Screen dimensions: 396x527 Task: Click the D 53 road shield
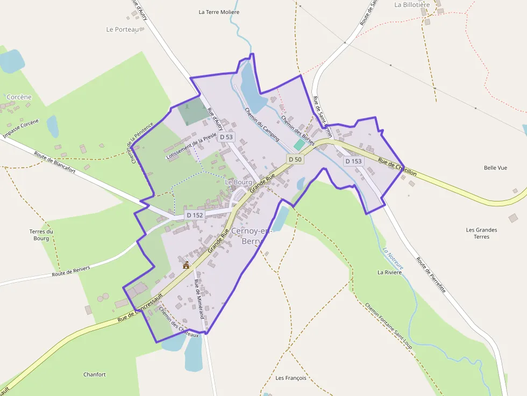pyautogui.click(x=227, y=137)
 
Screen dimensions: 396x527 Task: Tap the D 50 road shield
pyautogui.click(x=295, y=159)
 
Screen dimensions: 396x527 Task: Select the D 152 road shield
pyautogui.click(x=195, y=215)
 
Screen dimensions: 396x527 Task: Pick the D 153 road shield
pyautogui.click(x=353, y=161)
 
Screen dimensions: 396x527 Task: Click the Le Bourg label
pyautogui.click(x=238, y=182)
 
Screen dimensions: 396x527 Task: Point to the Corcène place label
pyautogui.click(x=19, y=97)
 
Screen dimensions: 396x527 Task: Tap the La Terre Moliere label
pyautogui.click(x=219, y=12)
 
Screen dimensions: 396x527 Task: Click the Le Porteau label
pyautogui.click(x=123, y=30)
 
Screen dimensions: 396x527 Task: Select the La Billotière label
pyautogui.click(x=412, y=5)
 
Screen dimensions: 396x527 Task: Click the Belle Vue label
pyautogui.click(x=495, y=168)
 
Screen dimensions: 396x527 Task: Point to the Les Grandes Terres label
pyautogui.click(x=481, y=233)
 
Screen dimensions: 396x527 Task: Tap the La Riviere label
pyautogui.click(x=390, y=272)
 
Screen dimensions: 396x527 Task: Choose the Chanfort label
pyautogui.click(x=95, y=375)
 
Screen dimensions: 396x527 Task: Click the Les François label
pyautogui.click(x=290, y=378)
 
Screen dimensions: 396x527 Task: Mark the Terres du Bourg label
pyautogui.click(x=41, y=235)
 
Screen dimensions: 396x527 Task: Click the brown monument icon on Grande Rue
pyautogui.click(x=186, y=265)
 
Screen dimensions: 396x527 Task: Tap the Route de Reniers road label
pyautogui.click(x=70, y=271)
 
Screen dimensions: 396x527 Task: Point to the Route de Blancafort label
pyautogui.click(x=54, y=161)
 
